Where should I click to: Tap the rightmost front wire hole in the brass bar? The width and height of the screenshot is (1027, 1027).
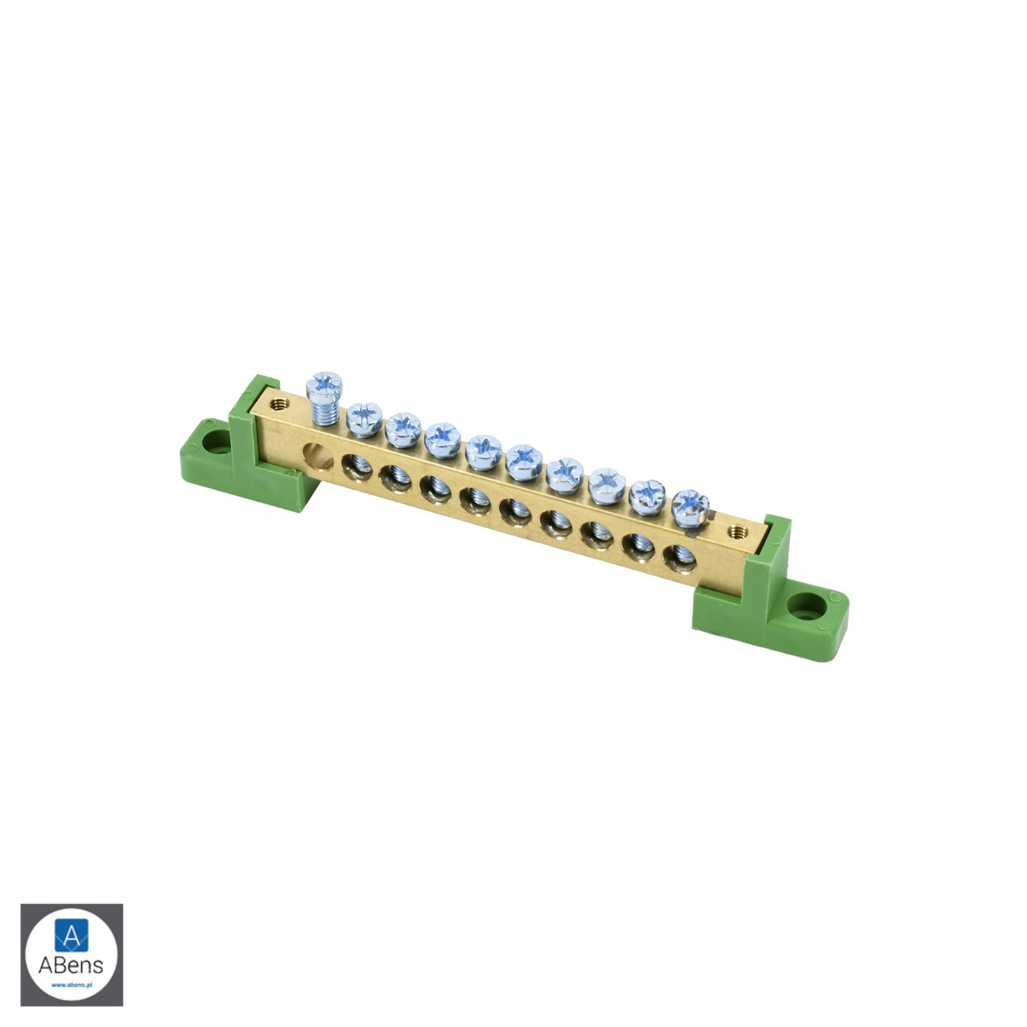pos(679,556)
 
